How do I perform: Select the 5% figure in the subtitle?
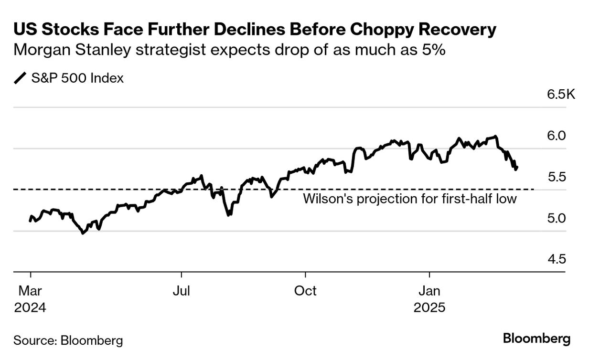(434, 50)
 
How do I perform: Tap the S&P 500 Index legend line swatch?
(21, 78)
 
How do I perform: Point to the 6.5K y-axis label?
(561, 94)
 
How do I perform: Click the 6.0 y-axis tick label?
(557, 136)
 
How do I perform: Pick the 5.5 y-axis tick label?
(557, 177)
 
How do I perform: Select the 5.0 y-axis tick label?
(557, 219)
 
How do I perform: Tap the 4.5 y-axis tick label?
(557, 260)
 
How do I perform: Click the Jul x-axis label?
(182, 291)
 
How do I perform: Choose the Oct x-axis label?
(305, 291)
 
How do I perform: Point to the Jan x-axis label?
(429, 291)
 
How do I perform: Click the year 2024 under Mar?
(30, 307)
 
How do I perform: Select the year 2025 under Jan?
(429, 307)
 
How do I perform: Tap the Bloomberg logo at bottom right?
(536, 339)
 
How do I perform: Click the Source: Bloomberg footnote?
(68, 340)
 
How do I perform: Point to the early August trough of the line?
(229, 215)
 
